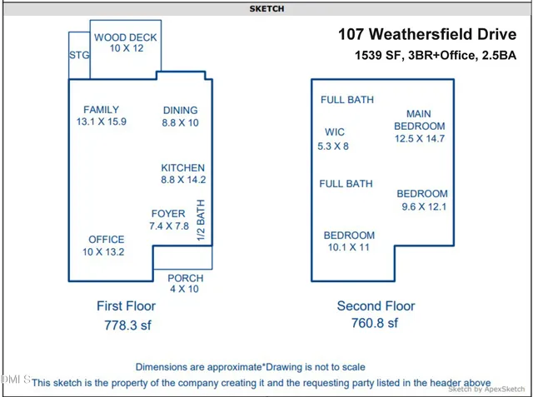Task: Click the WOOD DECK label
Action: [125, 37]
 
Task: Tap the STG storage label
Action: [79, 55]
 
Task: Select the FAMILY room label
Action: [101, 109]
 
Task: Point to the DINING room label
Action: [180, 110]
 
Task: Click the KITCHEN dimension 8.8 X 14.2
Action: [183, 180]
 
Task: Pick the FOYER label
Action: [168, 214]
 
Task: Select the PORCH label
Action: [185, 278]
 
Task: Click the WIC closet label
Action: [335, 132]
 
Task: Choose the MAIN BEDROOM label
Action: [419, 120]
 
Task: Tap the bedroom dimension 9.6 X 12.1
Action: [421, 206]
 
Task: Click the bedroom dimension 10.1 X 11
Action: [349, 247]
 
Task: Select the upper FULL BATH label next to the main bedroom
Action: [347, 100]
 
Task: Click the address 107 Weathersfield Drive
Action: [426, 35]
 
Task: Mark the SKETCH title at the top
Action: [266, 8]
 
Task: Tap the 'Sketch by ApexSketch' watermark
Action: [487, 389]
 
